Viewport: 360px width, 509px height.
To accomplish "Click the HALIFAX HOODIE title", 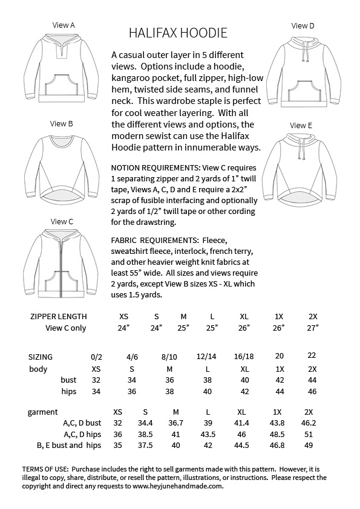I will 178,32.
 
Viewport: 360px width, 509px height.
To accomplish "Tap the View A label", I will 64,25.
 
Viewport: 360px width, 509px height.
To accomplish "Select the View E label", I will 301,126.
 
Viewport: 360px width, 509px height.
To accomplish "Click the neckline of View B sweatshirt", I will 62,143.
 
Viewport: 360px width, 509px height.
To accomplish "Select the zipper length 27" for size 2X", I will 312,328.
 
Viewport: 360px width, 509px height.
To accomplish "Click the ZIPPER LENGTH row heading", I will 58,316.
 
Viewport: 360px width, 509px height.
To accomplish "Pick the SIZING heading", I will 41,357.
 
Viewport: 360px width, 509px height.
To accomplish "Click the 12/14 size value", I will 208,357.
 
